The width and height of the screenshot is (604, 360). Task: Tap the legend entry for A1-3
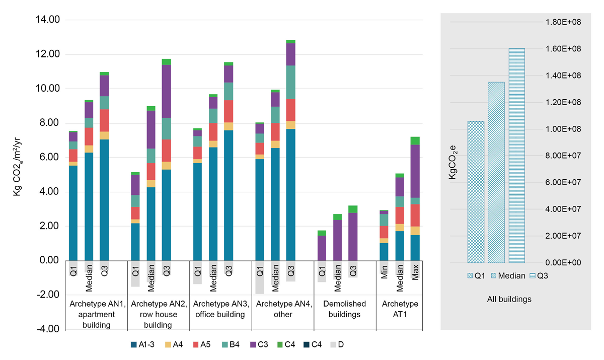pos(142,345)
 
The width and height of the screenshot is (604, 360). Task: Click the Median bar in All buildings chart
pos(496,172)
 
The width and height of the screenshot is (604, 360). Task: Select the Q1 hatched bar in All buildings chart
pos(476,192)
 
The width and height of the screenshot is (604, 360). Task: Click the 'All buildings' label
pos(509,299)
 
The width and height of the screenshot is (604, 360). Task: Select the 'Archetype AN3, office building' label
pos(220,309)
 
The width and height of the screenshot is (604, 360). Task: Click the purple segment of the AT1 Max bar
pos(415,171)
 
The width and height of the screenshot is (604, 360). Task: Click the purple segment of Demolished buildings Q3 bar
pos(353,237)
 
